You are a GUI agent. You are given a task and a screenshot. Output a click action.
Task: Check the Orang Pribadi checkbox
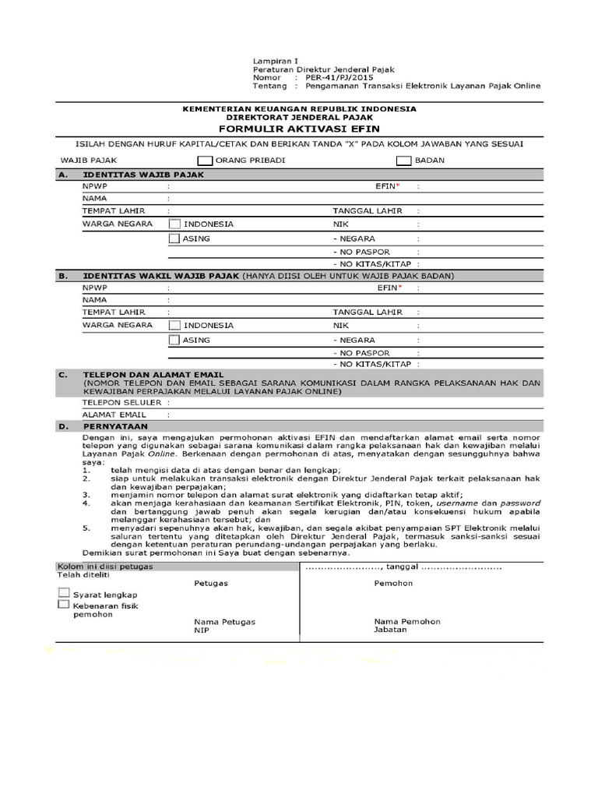pos(205,161)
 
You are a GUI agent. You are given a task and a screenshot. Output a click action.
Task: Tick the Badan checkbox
pos(403,161)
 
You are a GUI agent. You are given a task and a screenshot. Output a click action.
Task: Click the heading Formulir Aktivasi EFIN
pos(299,129)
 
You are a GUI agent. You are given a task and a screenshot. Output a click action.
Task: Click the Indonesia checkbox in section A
pos(175,224)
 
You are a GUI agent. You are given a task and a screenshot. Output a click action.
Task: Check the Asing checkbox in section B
pos(175,340)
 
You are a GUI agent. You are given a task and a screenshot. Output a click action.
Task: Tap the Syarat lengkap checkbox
pos(63,593)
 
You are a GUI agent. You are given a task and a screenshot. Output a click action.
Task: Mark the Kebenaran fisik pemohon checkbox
pos(63,605)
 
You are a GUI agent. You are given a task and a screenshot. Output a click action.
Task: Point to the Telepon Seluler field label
pos(121,402)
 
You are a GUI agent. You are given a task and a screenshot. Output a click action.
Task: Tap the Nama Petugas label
pos(224,622)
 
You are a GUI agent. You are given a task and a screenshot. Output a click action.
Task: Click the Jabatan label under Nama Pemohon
pos(390,630)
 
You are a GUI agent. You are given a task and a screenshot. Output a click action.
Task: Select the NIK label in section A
pos(340,224)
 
